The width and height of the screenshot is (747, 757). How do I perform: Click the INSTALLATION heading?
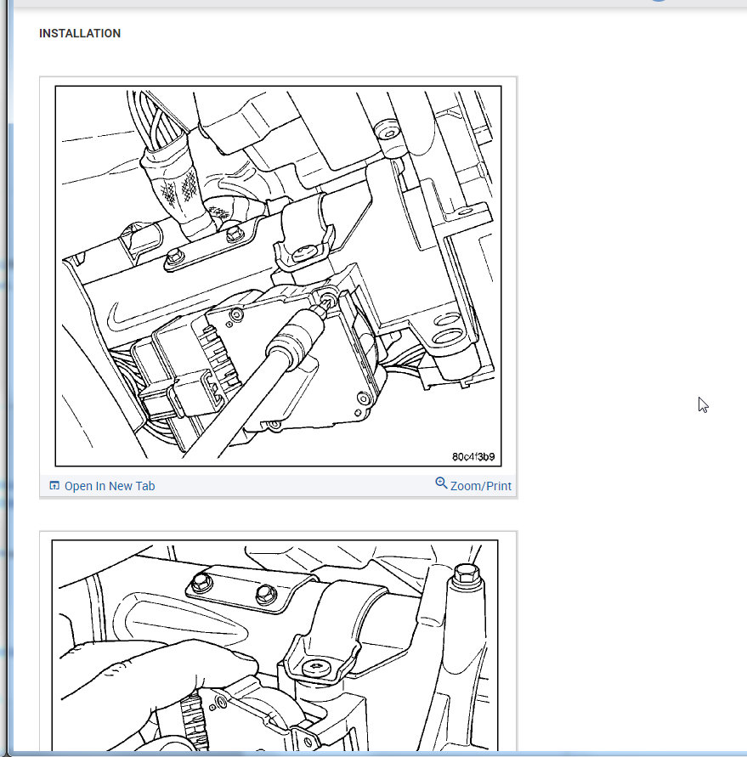tap(80, 33)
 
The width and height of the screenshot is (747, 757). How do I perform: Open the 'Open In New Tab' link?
tap(110, 486)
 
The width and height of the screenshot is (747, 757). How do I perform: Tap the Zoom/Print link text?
tap(480, 486)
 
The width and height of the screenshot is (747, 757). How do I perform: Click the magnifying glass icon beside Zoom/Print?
tap(441, 483)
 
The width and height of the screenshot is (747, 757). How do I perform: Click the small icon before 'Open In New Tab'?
tap(54, 486)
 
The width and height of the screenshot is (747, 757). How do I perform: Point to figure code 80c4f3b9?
tap(473, 457)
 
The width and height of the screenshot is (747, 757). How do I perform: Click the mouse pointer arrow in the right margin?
tap(703, 405)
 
